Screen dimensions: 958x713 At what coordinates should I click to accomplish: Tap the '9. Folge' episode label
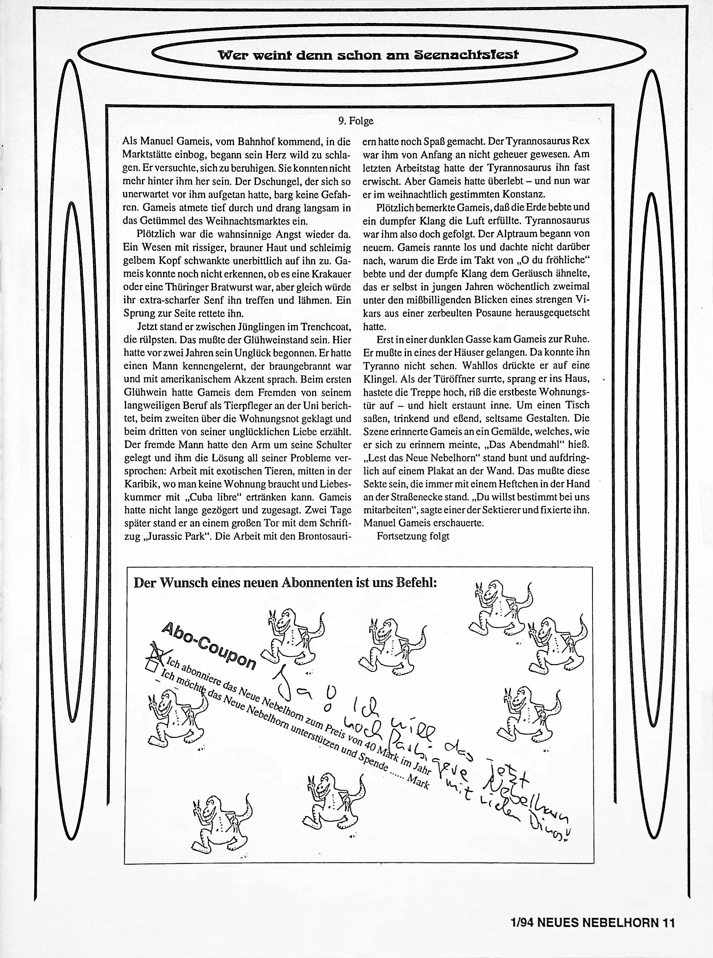356,121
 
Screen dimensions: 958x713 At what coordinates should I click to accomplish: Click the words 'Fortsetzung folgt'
413,536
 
